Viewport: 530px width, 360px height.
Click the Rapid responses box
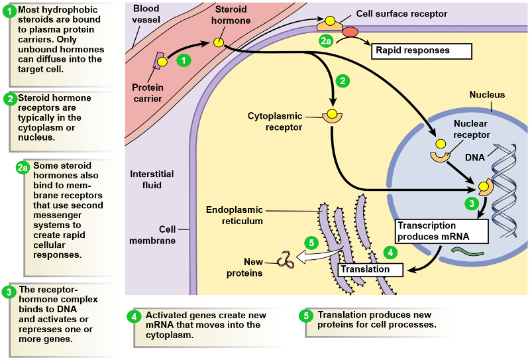422,50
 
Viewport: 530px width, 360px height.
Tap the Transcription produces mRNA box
441,231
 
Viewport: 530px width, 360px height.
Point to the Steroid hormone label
233,16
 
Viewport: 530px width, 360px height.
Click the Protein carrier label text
147,93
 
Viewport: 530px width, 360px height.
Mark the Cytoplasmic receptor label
275,121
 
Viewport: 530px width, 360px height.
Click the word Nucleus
487,95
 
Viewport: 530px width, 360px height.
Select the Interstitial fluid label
152,180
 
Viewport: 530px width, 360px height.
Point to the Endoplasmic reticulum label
235,215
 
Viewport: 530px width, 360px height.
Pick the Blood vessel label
146,13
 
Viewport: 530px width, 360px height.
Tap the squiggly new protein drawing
286,259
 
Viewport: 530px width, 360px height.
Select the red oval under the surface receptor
349,32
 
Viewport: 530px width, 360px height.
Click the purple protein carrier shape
160,62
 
